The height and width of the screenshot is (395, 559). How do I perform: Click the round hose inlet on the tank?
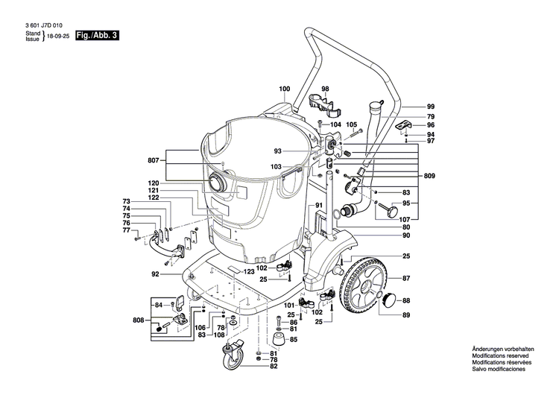click(x=221, y=183)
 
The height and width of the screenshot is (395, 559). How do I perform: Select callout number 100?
click(x=285, y=89)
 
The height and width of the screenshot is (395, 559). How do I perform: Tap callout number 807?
click(x=153, y=159)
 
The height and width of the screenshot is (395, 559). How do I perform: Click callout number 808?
click(x=138, y=321)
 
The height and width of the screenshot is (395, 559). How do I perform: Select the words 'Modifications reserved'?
click(x=499, y=357)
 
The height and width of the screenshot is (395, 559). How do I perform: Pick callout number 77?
click(x=127, y=230)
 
